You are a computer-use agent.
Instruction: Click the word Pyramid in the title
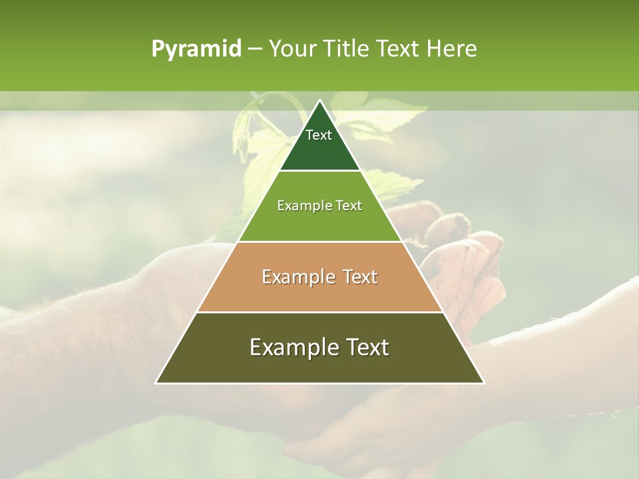pyautogui.click(x=196, y=49)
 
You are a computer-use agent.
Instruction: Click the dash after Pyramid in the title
pyautogui.click(x=254, y=49)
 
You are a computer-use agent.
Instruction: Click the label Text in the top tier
pyautogui.click(x=319, y=135)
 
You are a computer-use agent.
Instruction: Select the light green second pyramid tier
pyautogui.click(x=319, y=223)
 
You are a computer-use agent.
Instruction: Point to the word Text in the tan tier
pyautogui.click(x=361, y=277)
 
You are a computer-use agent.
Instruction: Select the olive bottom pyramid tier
pyautogui.click(x=319, y=366)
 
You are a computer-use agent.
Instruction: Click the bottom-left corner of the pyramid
pyautogui.click(x=156, y=383)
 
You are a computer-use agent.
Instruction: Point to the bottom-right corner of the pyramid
pyautogui.click(x=483, y=383)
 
